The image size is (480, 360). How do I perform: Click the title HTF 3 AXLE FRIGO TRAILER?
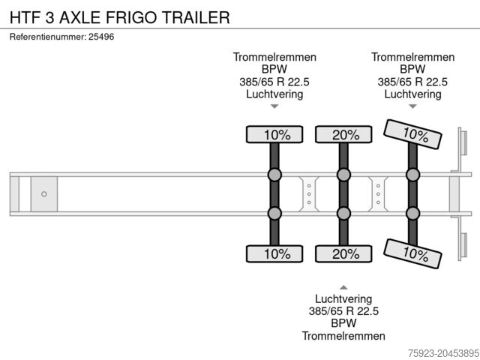pos(119,17)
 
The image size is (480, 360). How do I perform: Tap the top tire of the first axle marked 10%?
pos(274,134)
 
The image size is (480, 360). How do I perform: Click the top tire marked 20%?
pos(343,134)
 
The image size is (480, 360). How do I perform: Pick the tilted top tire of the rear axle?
pos(412,134)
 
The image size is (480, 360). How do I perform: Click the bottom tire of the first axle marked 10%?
pos(274,253)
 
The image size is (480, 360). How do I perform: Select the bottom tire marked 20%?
pos(343,253)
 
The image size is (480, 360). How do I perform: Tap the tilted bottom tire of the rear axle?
pos(412,253)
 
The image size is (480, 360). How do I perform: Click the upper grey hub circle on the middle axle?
pos(343,175)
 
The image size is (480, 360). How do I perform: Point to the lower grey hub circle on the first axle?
pos(274,213)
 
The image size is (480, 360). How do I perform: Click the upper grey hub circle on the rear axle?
pos(412,175)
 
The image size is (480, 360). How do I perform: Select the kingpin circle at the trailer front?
pos(44,194)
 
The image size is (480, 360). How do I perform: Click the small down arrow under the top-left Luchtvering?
pos(274,107)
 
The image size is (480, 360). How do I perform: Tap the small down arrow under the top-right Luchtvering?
pos(412,107)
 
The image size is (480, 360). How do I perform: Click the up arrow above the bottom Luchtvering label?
pos(343,286)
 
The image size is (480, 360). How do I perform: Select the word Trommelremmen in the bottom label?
pos(343,336)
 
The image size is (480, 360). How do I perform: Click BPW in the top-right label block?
pos(412,70)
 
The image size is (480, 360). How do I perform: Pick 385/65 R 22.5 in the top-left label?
pos(274,82)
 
